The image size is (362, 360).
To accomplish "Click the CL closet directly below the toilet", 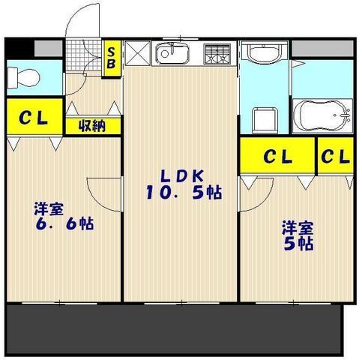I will [x=30, y=118].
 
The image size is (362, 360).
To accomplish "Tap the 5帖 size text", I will [x=297, y=243].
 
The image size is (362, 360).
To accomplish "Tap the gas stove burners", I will [x=218, y=53].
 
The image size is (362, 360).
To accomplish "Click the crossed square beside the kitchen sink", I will [x=139, y=53].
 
